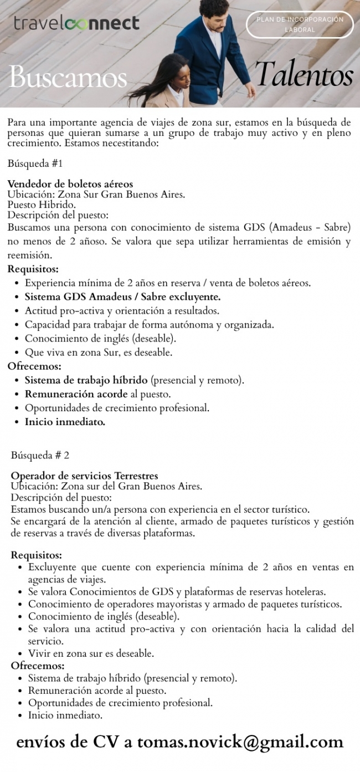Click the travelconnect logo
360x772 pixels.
76,23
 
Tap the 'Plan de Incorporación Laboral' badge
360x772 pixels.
300,24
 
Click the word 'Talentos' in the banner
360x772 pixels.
304,76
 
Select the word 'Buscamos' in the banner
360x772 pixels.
68,77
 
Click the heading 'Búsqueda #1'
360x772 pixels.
35,163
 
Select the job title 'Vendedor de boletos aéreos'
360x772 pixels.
70,183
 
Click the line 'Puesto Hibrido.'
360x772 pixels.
42,204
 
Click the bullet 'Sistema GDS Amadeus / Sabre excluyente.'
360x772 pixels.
122,296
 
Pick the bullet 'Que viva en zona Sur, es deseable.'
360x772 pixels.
99,352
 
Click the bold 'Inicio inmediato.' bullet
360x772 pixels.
65,422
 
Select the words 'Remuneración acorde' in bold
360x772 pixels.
76,394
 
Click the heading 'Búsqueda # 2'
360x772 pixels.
40,456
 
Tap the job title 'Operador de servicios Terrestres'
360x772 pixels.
85,476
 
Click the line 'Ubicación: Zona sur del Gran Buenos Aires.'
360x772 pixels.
106,487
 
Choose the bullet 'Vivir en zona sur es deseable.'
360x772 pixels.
91,653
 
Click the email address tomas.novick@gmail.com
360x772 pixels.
240,742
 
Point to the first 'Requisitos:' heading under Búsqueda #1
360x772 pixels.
33,269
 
